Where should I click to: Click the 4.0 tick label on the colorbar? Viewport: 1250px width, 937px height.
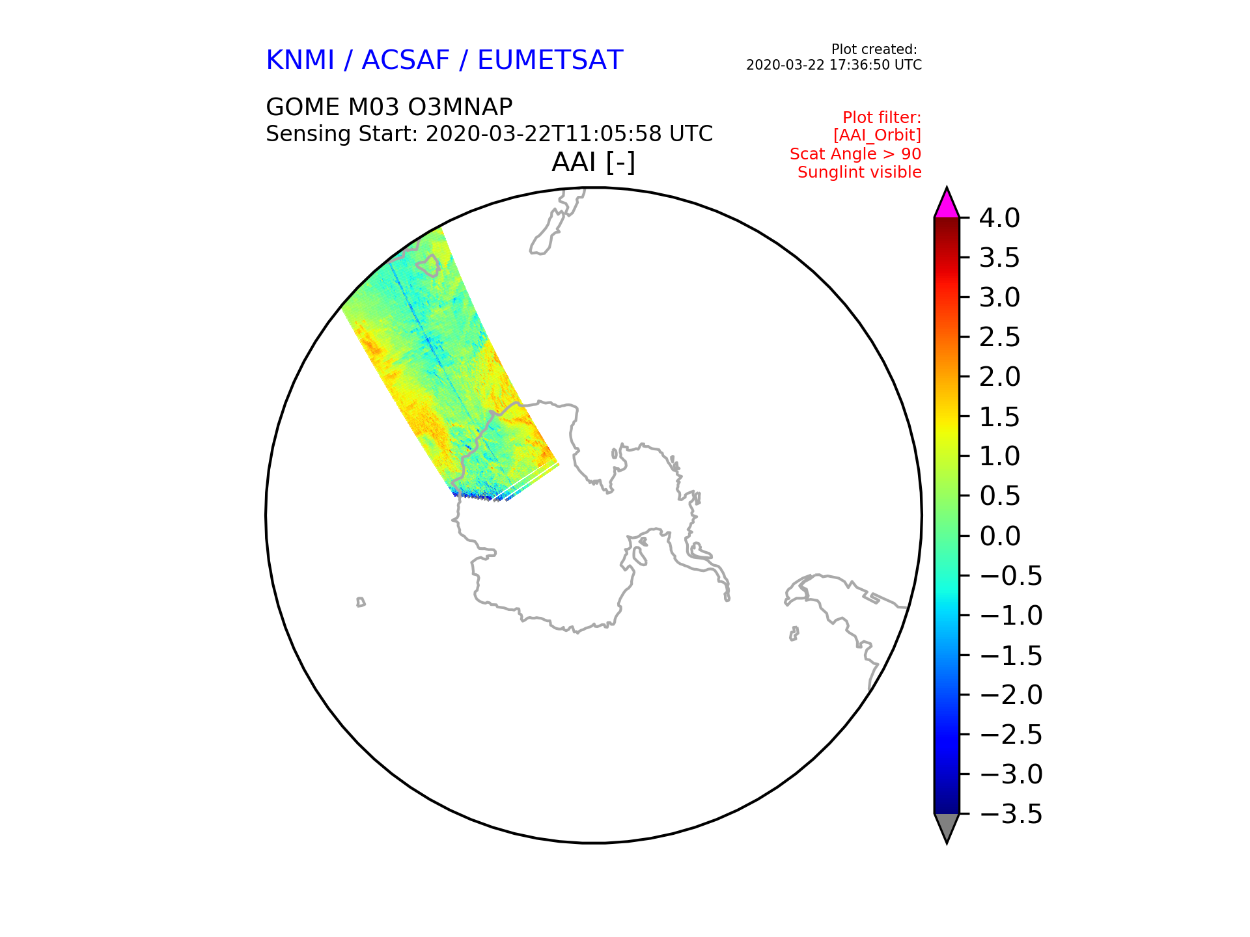click(999, 218)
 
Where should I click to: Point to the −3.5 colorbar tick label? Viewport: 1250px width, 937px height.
click(1011, 814)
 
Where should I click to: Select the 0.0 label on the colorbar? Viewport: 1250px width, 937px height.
click(999, 536)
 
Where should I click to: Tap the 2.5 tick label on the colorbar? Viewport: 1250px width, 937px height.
click(999, 337)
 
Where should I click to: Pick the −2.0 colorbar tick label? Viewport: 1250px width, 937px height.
click(1011, 695)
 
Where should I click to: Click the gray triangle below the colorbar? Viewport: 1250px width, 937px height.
click(947, 827)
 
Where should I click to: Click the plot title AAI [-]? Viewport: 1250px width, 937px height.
click(593, 162)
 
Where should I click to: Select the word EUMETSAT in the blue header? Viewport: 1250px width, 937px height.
click(550, 60)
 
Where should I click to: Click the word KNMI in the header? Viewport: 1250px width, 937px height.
click(300, 60)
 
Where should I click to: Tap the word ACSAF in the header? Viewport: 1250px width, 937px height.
click(406, 60)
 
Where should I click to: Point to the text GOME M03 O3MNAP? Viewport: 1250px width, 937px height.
click(389, 107)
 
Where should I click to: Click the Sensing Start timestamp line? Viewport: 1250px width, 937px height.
click(490, 134)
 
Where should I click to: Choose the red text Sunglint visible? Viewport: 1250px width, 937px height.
click(859, 172)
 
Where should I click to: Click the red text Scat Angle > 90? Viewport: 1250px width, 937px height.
click(855, 154)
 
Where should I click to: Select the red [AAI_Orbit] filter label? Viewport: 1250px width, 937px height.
click(877, 135)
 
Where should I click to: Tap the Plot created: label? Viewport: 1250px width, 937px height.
click(874, 49)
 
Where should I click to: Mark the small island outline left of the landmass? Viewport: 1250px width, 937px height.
click(361, 602)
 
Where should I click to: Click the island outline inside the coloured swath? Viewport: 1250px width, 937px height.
click(428, 265)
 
